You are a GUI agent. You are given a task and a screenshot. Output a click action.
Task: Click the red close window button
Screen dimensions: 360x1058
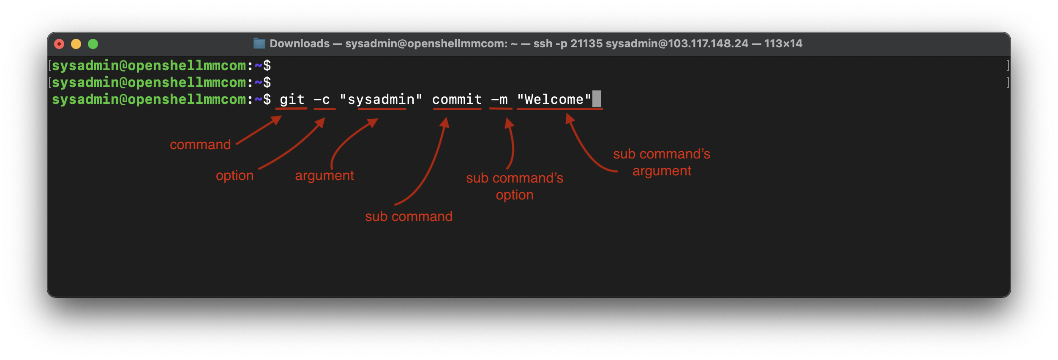click(59, 44)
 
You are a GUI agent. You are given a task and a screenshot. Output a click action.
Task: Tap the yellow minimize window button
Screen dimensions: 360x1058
click(76, 44)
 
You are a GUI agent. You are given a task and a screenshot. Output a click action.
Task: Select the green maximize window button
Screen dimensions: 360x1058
click(93, 44)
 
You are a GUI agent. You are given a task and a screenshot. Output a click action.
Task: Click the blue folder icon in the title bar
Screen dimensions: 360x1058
click(259, 43)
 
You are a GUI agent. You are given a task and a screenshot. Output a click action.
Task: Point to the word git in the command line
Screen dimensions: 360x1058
click(292, 100)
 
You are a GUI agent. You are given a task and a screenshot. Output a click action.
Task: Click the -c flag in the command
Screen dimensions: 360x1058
click(322, 100)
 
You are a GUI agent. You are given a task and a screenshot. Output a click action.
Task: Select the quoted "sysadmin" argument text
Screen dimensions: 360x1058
click(381, 100)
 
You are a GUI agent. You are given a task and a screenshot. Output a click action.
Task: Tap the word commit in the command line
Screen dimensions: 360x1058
click(457, 100)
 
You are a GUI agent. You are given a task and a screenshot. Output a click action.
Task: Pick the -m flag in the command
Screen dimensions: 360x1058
click(499, 100)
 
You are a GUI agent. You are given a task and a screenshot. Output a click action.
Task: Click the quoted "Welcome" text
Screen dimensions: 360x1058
click(554, 100)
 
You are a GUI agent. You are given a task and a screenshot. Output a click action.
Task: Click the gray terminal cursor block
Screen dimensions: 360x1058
click(596, 99)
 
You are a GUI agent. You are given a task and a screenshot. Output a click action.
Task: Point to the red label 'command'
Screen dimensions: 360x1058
click(200, 145)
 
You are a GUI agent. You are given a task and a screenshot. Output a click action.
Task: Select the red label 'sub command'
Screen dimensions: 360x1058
click(409, 216)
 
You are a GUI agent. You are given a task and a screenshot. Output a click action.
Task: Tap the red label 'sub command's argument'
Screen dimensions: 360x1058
click(662, 162)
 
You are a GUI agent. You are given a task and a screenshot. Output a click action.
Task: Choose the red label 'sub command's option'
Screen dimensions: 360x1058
click(515, 186)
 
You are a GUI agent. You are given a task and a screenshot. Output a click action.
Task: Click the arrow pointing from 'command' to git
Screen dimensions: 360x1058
click(258, 131)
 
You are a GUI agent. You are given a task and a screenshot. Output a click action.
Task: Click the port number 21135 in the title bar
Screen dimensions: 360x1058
click(586, 44)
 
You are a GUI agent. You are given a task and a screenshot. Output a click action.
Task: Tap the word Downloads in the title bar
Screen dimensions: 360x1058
click(300, 44)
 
